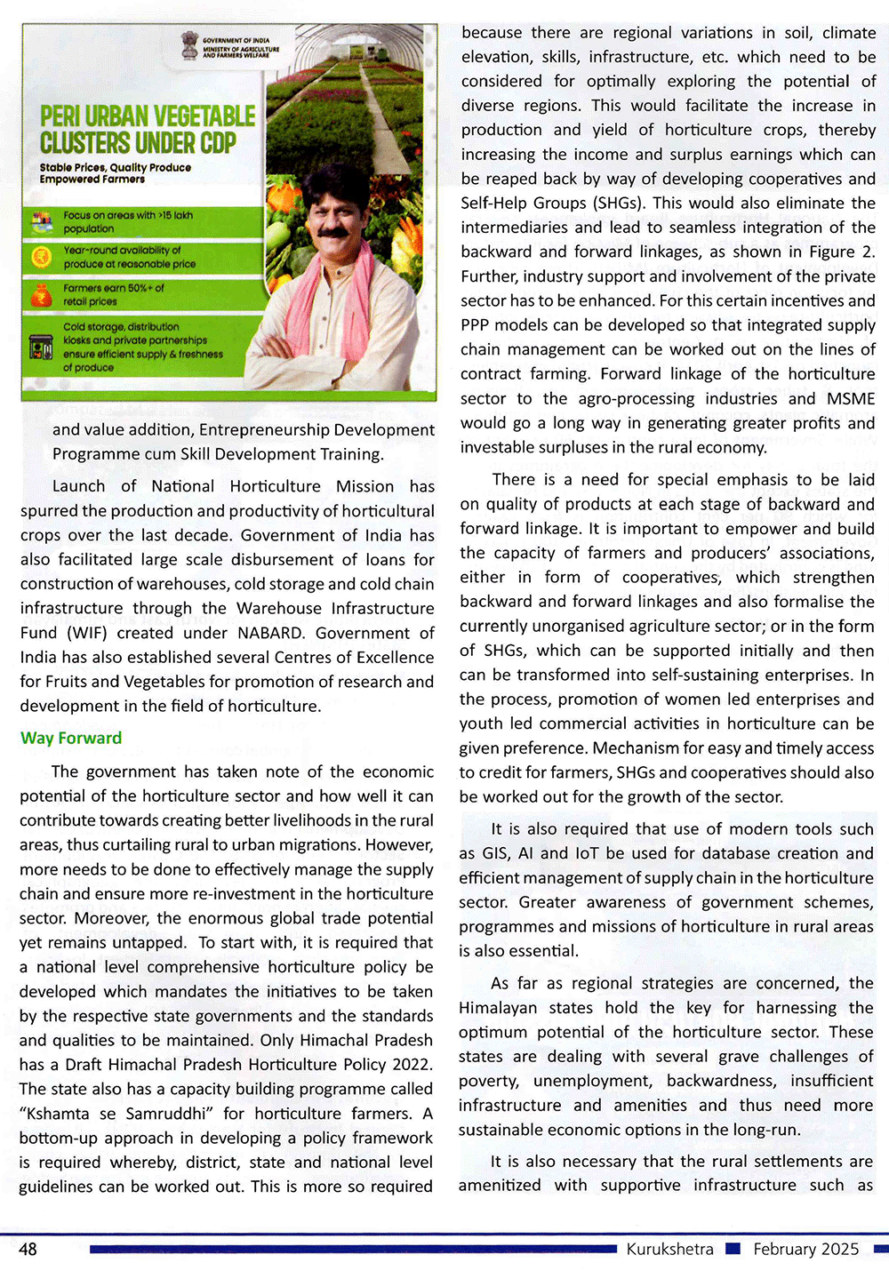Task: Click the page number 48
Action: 28,1249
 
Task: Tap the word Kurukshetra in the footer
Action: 669,1249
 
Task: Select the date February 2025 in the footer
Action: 805,1249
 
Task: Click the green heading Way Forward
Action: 71,738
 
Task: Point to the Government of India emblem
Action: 189,44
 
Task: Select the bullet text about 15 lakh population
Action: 127,221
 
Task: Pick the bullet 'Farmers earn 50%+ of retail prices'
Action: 113,294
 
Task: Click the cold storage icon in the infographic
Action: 41,347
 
